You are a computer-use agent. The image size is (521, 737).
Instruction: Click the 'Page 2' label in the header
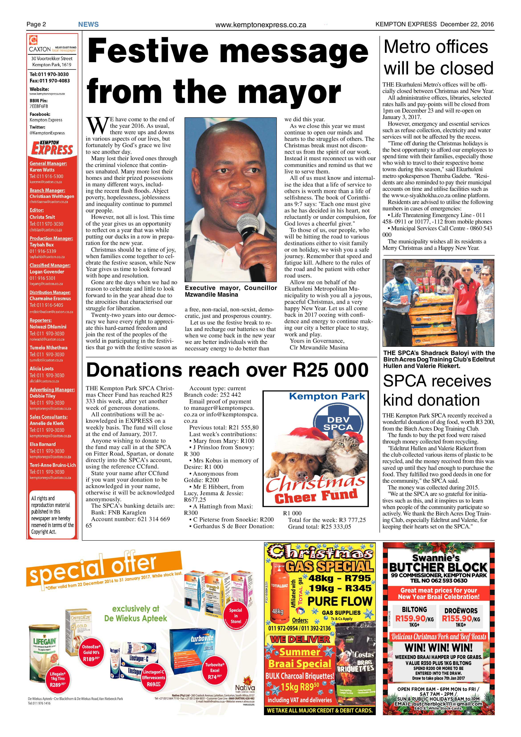click(36, 24)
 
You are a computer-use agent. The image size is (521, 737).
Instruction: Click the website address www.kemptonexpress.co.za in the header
click(261, 25)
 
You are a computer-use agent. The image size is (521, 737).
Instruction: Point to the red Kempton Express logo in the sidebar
click(52, 148)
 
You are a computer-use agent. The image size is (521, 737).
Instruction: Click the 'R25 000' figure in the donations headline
click(330, 370)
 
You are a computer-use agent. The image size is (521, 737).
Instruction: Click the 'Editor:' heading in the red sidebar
click(37, 210)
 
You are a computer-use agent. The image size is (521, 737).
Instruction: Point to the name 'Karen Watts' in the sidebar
click(42, 170)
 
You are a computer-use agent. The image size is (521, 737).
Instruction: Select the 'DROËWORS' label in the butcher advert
click(461, 611)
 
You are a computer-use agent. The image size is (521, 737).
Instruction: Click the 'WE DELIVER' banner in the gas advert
click(300, 639)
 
